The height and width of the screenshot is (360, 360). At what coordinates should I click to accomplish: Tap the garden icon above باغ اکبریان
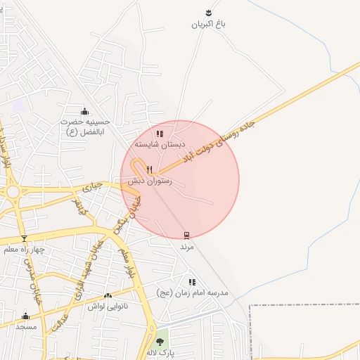[x=208, y=13]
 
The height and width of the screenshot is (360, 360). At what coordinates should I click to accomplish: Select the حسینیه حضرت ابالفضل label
[x=84, y=126]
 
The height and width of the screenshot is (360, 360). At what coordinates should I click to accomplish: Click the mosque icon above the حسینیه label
[x=85, y=111]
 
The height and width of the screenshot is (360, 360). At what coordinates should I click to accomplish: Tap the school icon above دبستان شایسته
[x=160, y=133]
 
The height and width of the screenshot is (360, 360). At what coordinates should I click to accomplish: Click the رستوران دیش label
[x=146, y=181]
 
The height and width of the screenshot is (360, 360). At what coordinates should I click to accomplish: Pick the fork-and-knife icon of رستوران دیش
[x=149, y=169]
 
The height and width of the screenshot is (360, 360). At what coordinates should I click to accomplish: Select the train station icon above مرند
[x=186, y=236]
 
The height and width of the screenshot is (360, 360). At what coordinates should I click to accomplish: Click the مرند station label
[x=186, y=247]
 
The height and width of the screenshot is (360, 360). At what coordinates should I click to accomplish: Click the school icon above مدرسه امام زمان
[x=192, y=282]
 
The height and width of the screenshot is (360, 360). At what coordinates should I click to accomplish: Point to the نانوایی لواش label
[x=106, y=307]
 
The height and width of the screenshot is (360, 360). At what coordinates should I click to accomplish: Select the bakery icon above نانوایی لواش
[x=108, y=296]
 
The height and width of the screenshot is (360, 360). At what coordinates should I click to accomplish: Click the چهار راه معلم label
[x=24, y=250]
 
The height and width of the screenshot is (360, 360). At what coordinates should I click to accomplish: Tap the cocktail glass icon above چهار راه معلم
[x=24, y=238]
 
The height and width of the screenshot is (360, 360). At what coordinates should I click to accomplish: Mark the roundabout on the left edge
[x=13, y=191]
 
